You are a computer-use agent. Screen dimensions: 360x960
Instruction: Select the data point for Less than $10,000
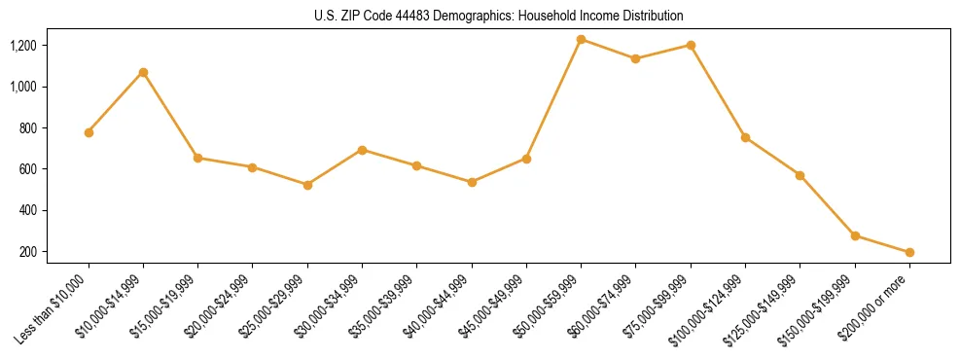pyautogui.click(x=89, y=132)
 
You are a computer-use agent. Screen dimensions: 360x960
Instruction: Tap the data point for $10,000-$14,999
pyautogui.click(x=143, y=72)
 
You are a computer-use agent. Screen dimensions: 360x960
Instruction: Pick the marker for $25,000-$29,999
pyautogui.click(x=307, y=185)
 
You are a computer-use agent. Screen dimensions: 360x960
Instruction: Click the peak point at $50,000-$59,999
pyautogui.click(x=581, y=39)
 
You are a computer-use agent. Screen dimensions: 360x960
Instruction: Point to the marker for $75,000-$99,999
pyautogui.click(x=691, y=45)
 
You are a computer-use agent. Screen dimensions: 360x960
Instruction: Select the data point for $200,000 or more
pyautogui.click(x=909, y=253)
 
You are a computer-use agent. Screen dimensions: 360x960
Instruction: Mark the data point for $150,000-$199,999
pyautogui.click(x=855, y=235)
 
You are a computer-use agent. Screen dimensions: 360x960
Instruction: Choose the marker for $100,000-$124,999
pyautogui.click(x=745, y=137)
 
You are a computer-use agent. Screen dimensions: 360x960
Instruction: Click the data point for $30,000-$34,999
pyautogui.click(x=362, y=150)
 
